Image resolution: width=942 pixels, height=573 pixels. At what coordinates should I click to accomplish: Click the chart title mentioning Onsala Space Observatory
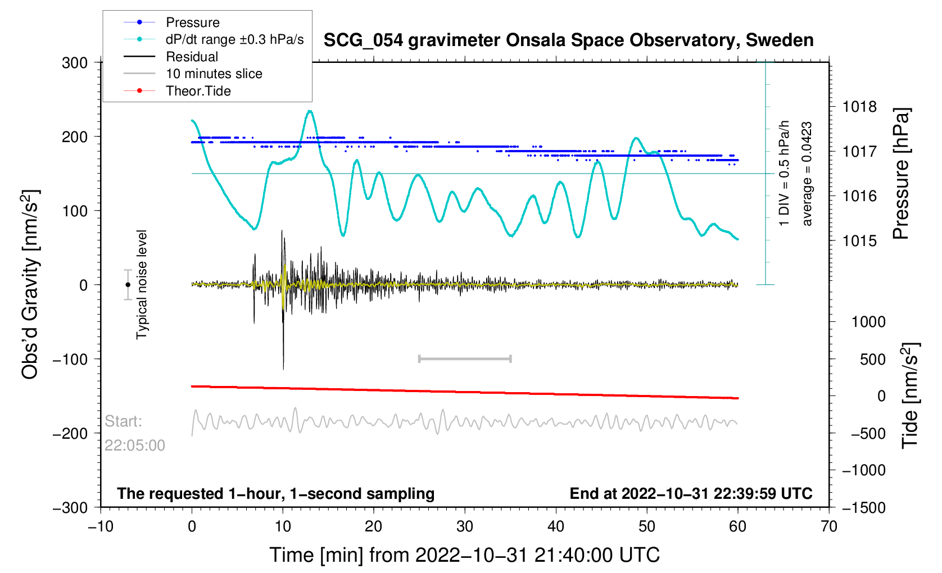(568, 40)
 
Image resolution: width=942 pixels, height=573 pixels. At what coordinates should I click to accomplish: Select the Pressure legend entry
(192, 22)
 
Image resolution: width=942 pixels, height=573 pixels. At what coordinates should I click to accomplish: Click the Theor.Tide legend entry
(198, 91)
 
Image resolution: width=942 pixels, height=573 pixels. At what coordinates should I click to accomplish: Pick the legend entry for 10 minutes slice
(214, 74)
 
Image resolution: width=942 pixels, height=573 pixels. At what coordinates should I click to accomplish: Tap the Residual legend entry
(192, 57)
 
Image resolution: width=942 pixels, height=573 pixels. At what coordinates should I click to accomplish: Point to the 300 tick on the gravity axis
(75, 63)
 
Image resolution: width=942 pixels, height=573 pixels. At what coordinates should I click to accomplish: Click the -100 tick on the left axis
(70, 360)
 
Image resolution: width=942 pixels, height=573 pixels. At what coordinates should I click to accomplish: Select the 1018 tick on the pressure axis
(859, 107)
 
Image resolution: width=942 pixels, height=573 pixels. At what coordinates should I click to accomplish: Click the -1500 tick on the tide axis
(863, 508)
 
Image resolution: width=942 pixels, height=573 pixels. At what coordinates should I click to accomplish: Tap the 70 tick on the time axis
(828, 527)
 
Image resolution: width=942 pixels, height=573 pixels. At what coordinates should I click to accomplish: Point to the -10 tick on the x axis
(101, 527)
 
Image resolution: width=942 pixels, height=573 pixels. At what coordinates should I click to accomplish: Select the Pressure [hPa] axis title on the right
(901, 174)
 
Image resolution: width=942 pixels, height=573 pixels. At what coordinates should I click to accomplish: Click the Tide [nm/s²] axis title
(910, 395)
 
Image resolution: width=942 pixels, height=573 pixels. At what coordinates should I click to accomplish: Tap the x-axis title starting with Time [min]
(464, 555)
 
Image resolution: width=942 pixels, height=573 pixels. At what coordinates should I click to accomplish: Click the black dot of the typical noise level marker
(128, 285)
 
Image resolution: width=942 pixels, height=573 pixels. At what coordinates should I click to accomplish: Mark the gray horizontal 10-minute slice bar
(465, 359)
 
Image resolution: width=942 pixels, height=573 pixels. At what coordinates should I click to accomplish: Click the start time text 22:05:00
(135, 445)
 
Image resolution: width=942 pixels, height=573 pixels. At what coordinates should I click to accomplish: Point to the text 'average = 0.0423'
(807, 174)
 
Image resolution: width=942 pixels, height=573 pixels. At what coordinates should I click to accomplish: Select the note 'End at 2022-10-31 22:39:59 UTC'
(691, 494)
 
